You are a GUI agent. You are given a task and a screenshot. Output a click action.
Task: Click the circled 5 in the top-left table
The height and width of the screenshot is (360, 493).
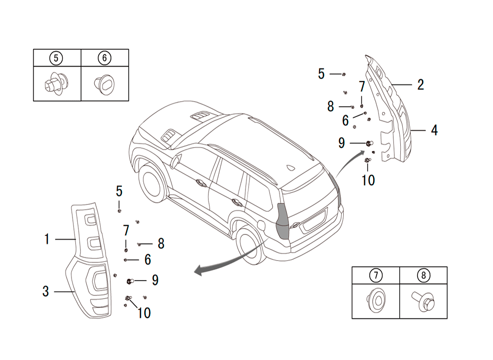[x=56, y=58]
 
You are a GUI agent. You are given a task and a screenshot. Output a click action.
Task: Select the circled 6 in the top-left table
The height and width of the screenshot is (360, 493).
[x=105, y=58]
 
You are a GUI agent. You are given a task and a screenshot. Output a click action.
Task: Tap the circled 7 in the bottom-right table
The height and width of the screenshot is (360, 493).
[x=376, y=275]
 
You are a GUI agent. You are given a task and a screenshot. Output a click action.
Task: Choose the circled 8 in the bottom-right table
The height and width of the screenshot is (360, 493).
[x=423, y=275]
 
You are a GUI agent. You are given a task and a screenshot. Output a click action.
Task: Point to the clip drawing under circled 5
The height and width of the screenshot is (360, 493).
[x=55, y=84]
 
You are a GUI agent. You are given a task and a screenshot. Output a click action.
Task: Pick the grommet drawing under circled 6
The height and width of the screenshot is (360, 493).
[x=105, y=84]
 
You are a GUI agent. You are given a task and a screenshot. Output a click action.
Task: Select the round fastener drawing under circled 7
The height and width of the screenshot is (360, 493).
[x=376, y=300]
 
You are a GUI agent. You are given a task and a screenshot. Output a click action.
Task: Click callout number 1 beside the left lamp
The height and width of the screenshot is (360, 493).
[x=47, y=239]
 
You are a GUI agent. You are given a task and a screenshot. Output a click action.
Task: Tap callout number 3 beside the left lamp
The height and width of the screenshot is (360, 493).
[x=45, y=291]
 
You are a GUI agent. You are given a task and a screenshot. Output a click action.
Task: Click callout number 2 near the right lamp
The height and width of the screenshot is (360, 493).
[x=421, y=85]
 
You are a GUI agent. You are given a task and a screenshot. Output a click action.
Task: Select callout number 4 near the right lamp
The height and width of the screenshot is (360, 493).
[x=434, y=130]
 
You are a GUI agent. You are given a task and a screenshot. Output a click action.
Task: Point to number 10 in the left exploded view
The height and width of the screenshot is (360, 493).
[x=144, y=313]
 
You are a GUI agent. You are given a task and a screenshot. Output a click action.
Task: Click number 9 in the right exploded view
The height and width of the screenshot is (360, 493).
[x=342, y=143]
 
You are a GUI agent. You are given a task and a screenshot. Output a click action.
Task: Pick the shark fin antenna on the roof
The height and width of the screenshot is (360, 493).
[x=291, y=168]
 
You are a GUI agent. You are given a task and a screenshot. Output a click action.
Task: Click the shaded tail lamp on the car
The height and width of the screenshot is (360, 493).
[x=282, y=222]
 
